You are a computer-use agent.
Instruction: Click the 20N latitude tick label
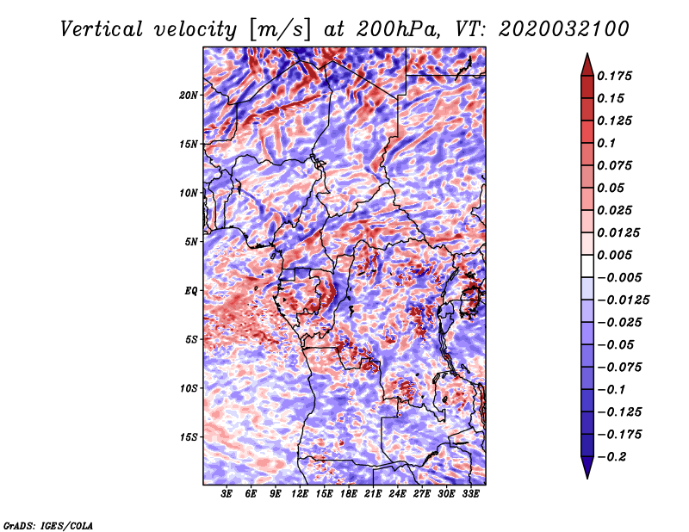tap(189, 95)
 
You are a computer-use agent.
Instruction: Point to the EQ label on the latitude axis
tap(191, 290)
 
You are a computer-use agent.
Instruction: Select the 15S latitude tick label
tap(189, 436)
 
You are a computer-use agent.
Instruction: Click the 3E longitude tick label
tap(227, 494)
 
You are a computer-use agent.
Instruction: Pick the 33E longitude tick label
tap(471, 494)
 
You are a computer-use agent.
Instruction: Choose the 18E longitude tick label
tap(349, 494)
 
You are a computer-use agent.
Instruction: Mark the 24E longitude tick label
tap(398, 494)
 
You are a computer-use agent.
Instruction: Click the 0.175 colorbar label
tap(616, 76)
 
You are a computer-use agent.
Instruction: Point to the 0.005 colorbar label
tap(616, 255)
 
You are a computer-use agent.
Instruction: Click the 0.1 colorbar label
tap(608, 143)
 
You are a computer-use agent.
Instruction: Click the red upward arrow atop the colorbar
tap(587, 61)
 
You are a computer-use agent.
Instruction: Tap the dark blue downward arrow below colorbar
tap(587, 468)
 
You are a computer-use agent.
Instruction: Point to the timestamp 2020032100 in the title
tap(551, 29)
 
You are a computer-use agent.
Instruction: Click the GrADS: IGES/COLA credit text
tap(47, 524)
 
